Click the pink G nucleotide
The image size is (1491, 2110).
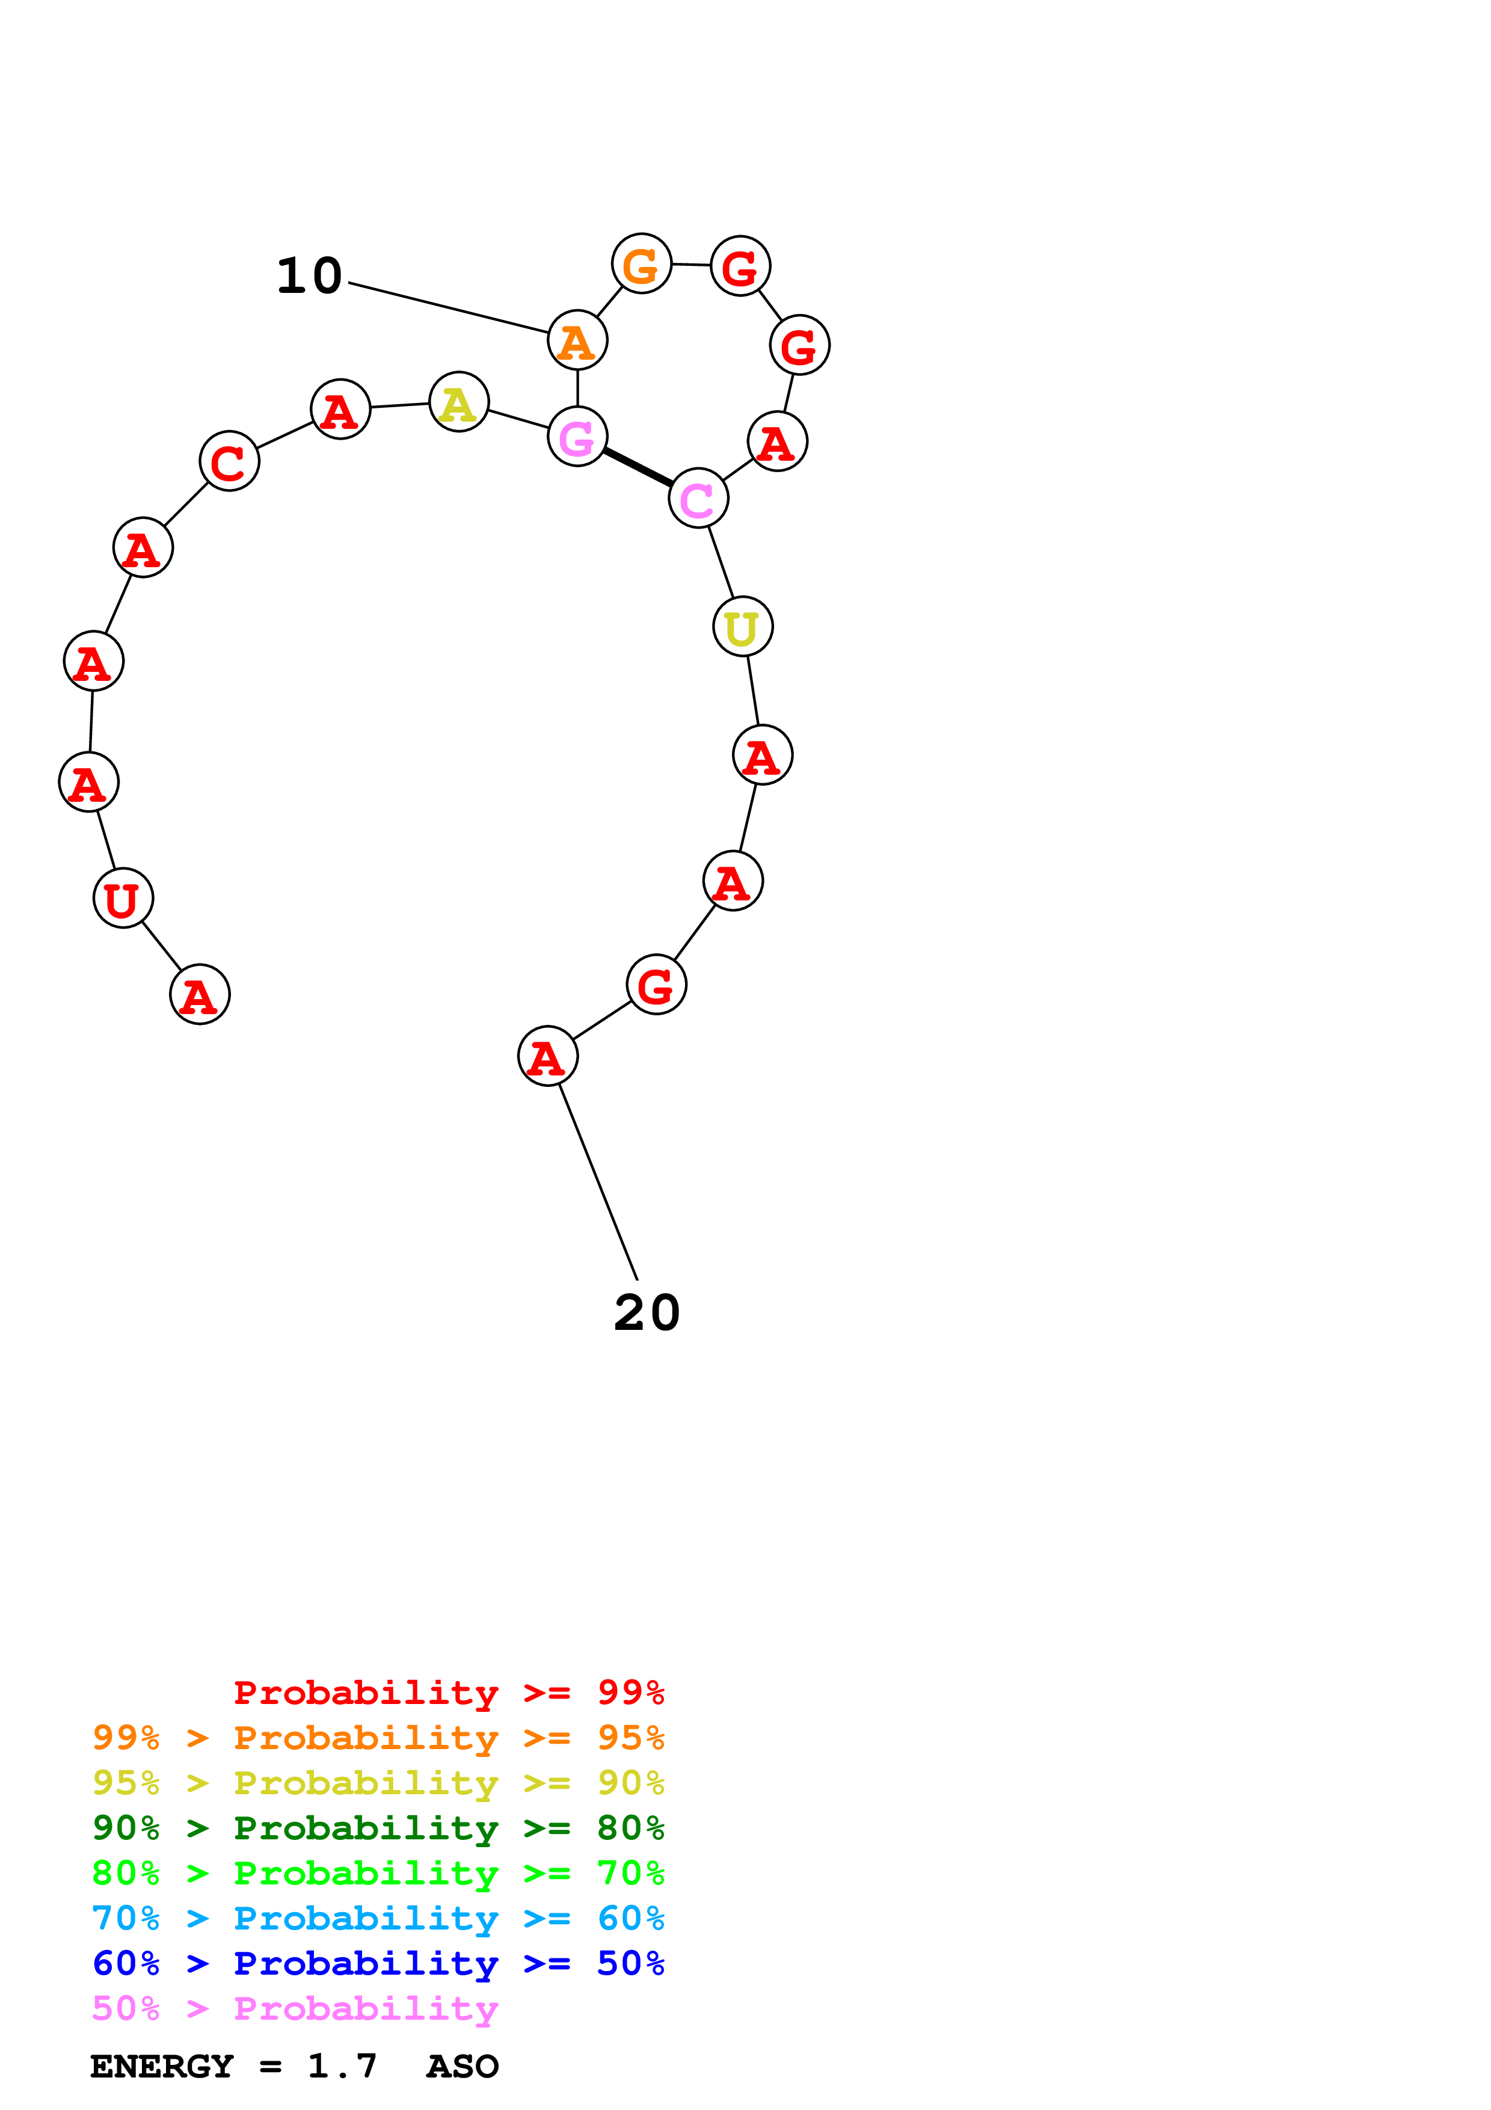(x=577, y=437)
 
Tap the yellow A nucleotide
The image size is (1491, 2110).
(x=458, y=402)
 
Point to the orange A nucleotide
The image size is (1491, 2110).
(x=577, y=340)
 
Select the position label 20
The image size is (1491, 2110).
(x=647, y=1312)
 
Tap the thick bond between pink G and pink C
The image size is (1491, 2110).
(x=638, y=467)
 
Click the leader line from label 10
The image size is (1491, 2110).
(x=448, y=308)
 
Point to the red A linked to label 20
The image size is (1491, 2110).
(x=547, y=1056)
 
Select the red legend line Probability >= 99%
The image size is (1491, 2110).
(x=448, y=1693)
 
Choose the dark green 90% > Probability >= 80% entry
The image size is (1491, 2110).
(x=378, y=1828)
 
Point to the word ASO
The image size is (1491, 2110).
(x=462, y=2066)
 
